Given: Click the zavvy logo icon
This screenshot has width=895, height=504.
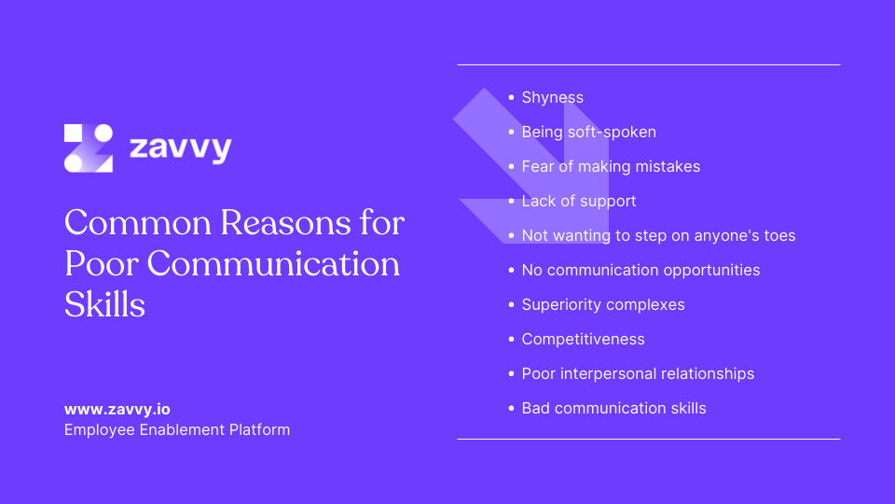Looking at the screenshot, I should pyautogui.click(x=89, y=148).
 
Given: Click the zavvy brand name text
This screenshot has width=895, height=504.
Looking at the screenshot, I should pyautogui.click(x=180, y=148).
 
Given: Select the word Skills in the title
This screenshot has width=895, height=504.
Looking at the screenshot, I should pyautogui.click(x=105, y=304).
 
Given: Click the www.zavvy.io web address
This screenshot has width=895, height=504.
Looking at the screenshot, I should pyautogui.click(x=117, y=409).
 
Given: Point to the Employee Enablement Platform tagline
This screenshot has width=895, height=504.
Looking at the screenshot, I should pyautogui.click(x=177, y=430).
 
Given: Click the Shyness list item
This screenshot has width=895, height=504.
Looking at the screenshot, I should pyautogui.click(x=552, y=98).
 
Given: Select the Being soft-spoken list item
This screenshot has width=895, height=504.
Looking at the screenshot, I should pyautogui.click(x=588, y=133).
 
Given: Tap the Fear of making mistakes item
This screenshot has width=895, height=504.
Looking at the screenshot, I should pyautogui.click(x=611, y=167).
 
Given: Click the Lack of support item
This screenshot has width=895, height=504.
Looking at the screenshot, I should pyautogui.click(x=579, y=202).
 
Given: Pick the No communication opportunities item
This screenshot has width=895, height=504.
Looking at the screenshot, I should pyautogui.click(x=640, y=271).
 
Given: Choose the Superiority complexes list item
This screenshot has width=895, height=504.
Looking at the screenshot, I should pyautogui.click(x=603, y=305).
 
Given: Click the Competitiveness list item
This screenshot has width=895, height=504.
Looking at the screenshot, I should pyautogui.click(x=583, y=340).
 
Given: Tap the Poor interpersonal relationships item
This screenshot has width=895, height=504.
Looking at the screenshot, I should pyautogui.click(x=638, y=374).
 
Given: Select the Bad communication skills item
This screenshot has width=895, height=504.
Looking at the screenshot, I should pyautogui.click(x=613, y=409).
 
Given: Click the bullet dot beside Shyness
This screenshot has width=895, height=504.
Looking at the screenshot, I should pyautogui.click(x=511, y=97).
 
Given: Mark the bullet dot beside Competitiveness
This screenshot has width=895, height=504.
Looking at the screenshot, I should pyautogui.click(x=511, y=339).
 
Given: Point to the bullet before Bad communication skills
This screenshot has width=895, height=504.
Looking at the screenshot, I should pyautogui.click(x=511, y=408).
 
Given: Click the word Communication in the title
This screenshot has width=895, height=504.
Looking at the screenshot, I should pyautogui.click(x=273, y=264).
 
